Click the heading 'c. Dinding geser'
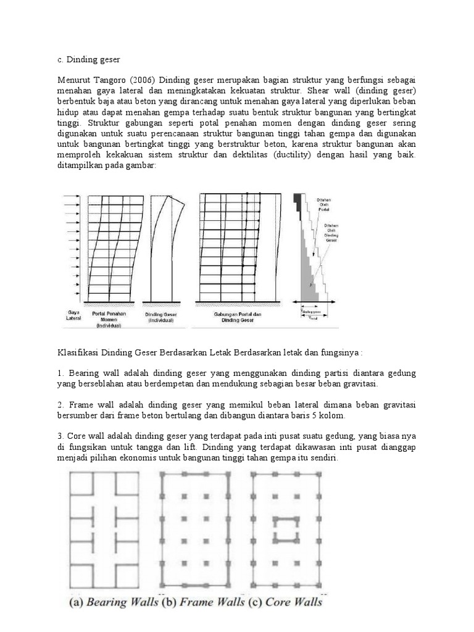click(88, 59)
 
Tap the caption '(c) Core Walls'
click(286, 601)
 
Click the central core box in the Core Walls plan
click(284, 529)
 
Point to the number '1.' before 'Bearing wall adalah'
click(60, 374)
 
